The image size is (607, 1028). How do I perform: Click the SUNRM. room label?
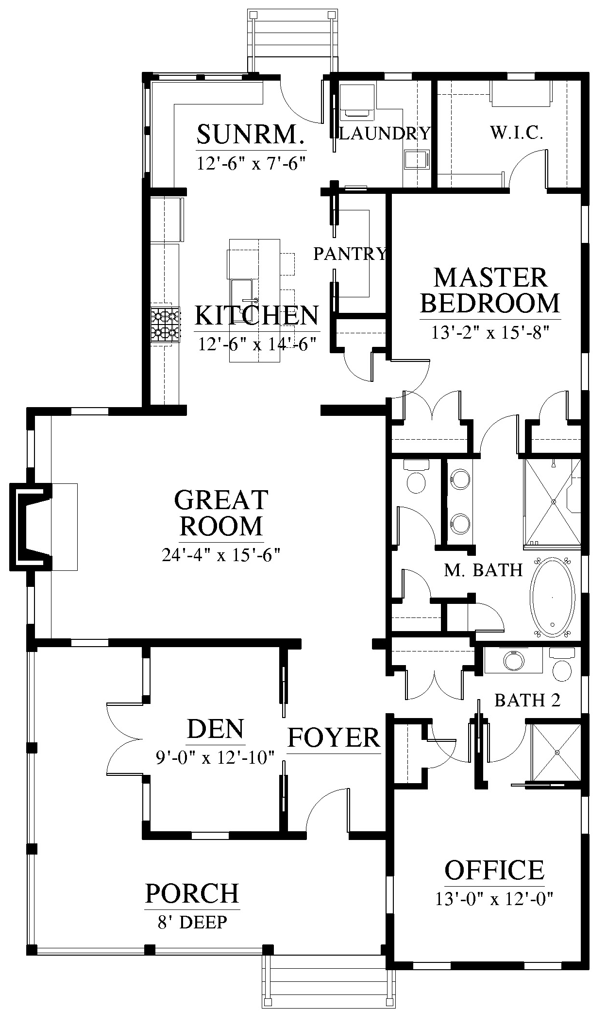pyautogui.click(x=251, y=135)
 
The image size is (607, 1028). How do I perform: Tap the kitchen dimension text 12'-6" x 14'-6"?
pyautogui.click(x=257, y=344)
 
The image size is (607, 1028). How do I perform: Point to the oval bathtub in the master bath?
pyautogui.click(x=553, y=598)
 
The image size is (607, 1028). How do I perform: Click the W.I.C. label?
pyautogui.click(x=516, y=133)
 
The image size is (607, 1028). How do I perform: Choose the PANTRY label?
pyautogui.click(x=350, y=254)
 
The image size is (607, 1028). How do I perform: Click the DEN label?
pyautogui.click(x=216, y=729)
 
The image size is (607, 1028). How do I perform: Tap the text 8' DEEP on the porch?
pyautogui.click(x=192, y=922)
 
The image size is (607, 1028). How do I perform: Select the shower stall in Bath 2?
pyautogui.click(x=556, y=753)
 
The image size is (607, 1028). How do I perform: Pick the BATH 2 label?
pyautogui.click(x=527, y=700)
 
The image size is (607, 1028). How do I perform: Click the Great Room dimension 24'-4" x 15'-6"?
pyautogui.click(x=221, y=554)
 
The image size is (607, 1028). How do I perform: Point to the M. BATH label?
pyautogui.click(x=484, y=570)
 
